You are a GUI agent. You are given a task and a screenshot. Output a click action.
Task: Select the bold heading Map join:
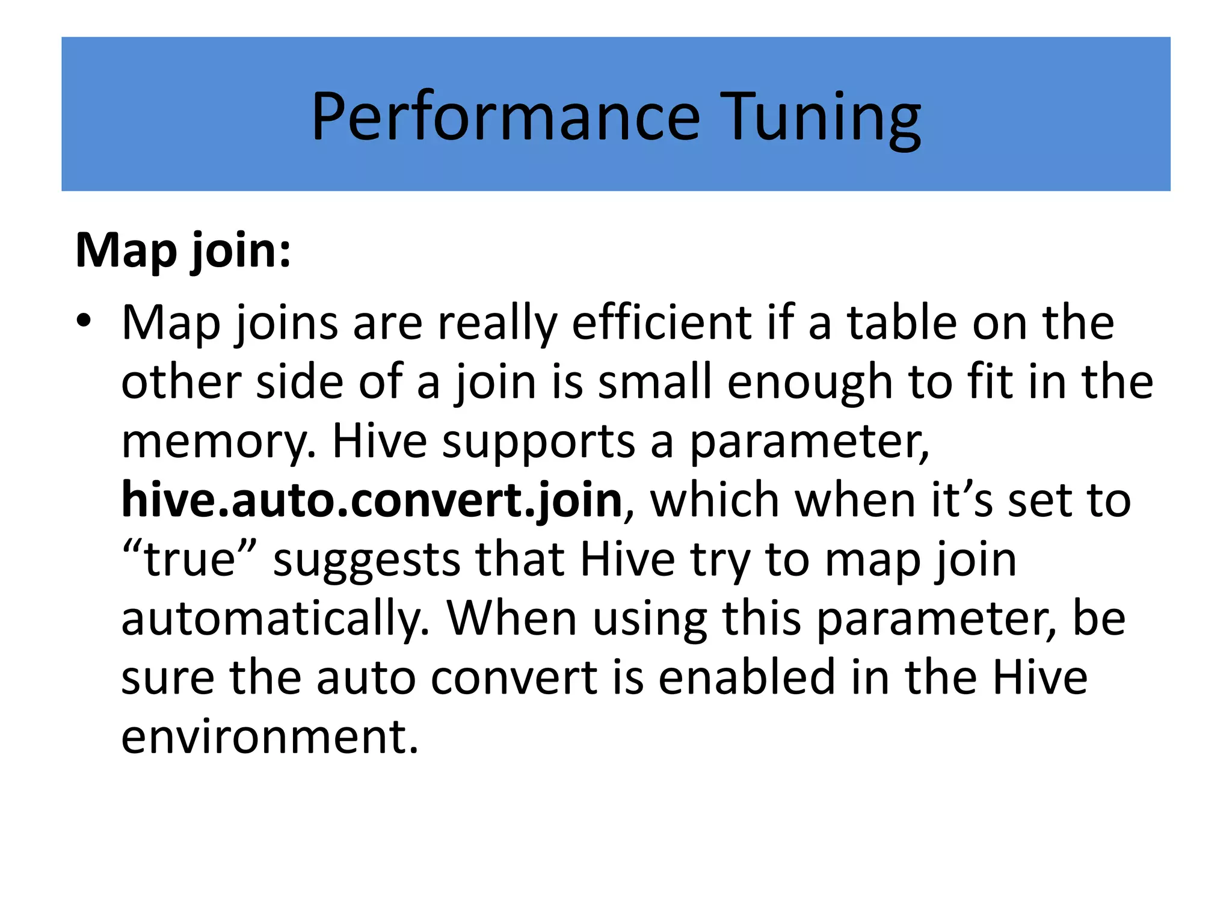[x=183, y=250]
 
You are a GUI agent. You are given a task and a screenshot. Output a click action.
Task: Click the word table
[x=902, y=323]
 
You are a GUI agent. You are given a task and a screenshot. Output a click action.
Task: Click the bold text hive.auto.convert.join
[x=372, y=500]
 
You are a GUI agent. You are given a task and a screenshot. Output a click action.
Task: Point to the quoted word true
[x=190, y=559]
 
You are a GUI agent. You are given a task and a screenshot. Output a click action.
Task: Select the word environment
[x=269, y=736]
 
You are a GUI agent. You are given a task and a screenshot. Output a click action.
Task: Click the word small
[x=656, y=383]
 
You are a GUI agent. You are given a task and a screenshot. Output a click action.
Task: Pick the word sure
[x=168, y=677]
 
